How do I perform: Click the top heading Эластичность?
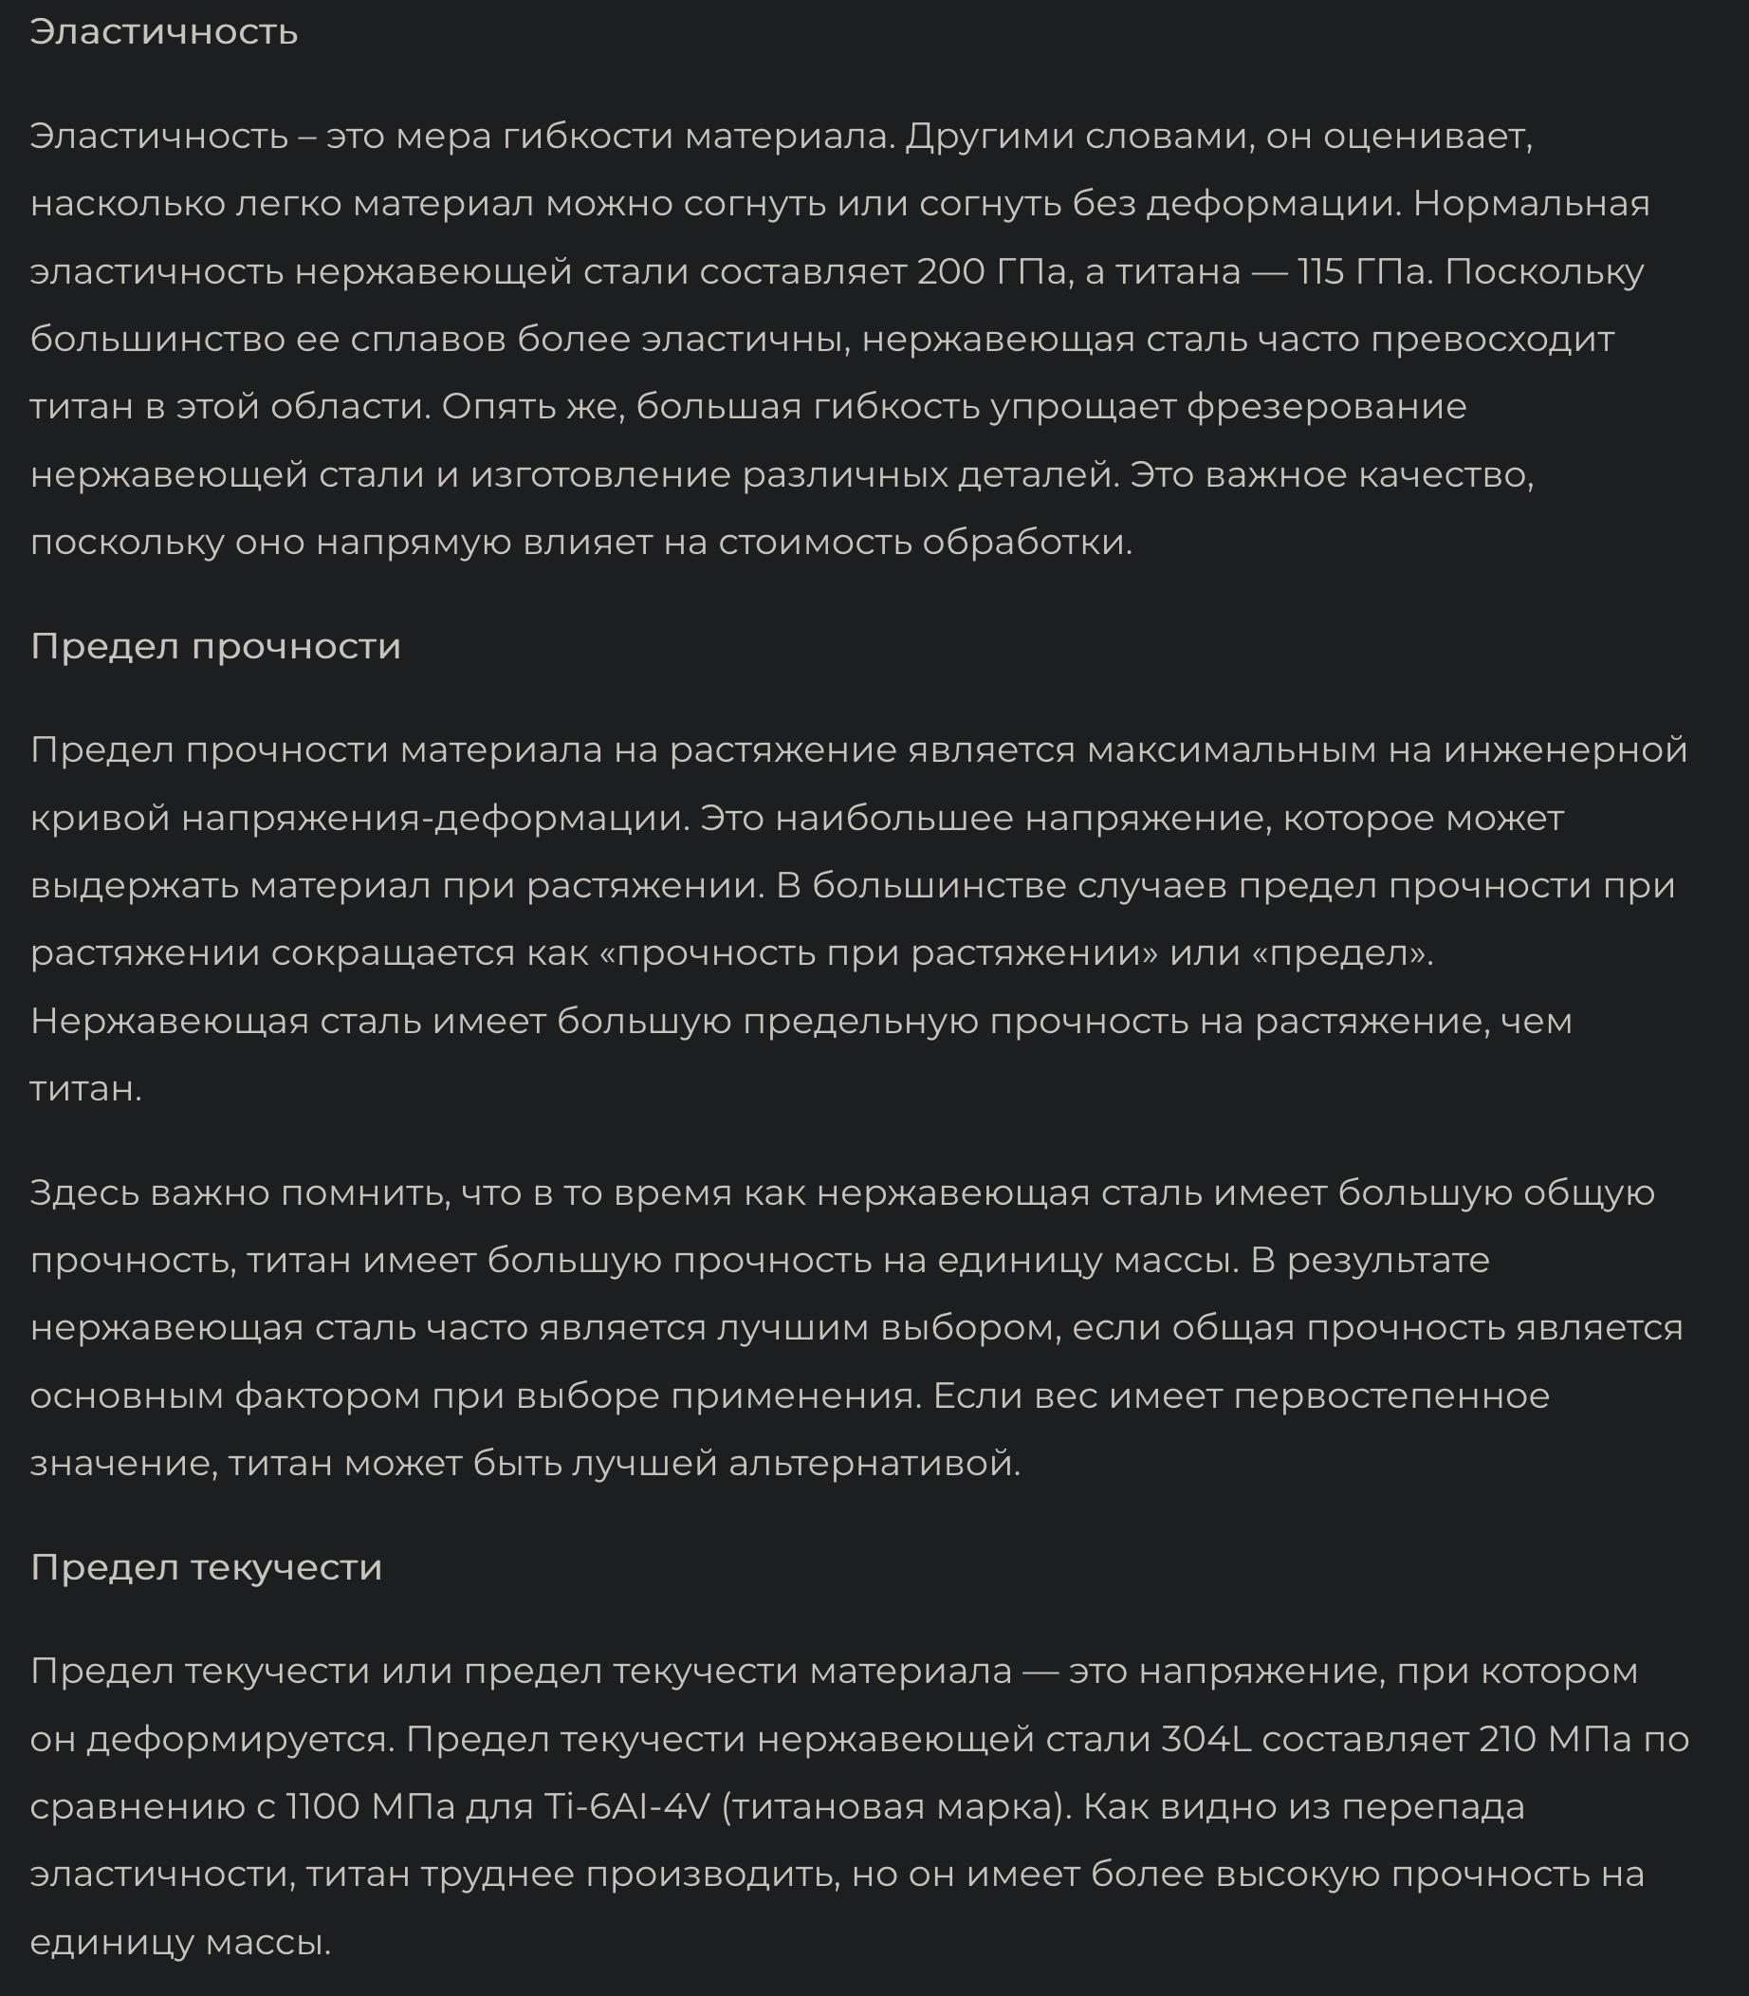[164, 32]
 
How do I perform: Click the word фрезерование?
[1326, 407]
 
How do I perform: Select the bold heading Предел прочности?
[215, 646]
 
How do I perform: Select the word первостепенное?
[1390, 1395]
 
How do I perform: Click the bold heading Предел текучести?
[206, 1566]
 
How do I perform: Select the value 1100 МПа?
[371, 1806]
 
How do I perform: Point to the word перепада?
[1433, 1806]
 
